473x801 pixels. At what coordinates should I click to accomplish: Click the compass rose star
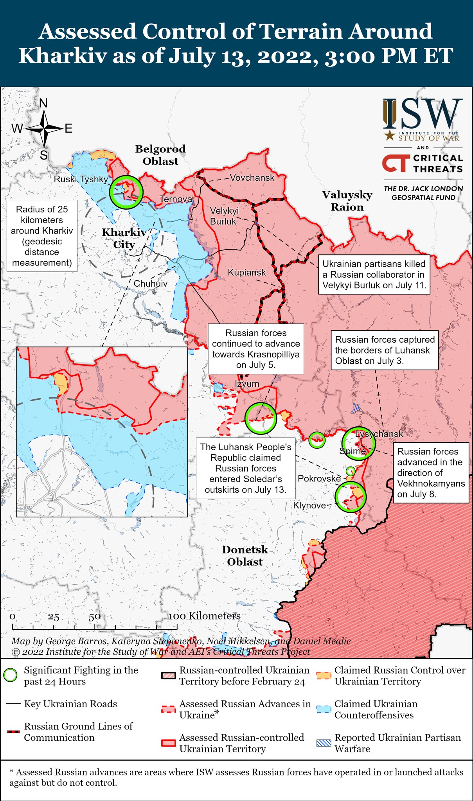[44, 128]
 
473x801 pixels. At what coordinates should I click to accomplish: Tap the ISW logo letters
[423, 114]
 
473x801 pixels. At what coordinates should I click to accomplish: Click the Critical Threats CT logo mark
[396, 163]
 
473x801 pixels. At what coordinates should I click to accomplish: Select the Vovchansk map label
[252, 178]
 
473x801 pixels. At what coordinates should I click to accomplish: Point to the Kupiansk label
[246, 273]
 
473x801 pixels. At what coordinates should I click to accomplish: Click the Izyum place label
[247, 384]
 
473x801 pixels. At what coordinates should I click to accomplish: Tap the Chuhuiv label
[151, 284]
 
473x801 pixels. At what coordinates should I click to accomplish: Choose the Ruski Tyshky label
[81, 180]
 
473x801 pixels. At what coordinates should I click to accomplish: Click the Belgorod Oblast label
[160, 155]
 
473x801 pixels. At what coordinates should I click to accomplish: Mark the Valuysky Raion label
[347, 201]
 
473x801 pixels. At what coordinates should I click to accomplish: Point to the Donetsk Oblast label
[245, 555]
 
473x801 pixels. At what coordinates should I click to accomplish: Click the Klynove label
[309, 505]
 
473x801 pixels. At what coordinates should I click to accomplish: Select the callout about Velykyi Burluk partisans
[374, 275]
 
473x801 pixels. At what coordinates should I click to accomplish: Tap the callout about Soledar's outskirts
[246, 468]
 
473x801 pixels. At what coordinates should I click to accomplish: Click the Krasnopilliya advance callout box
[256, 349]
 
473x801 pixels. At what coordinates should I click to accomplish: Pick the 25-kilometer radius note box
[42, 236]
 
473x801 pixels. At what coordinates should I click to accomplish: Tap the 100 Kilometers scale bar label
[205, 616]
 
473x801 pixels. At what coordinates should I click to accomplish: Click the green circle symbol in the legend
[10, 675]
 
